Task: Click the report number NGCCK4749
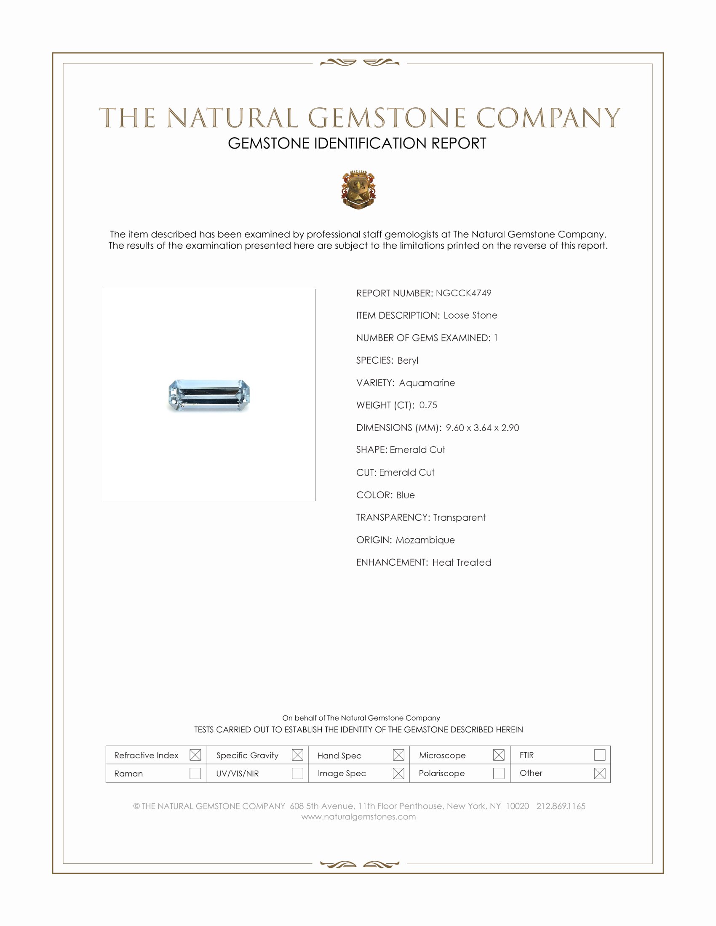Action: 463,293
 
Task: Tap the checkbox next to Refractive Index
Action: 195,755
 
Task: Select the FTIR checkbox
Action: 599,755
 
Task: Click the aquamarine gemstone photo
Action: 209,395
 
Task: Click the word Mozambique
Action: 425,540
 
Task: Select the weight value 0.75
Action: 428,405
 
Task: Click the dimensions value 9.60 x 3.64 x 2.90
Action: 482,427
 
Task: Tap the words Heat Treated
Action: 462,562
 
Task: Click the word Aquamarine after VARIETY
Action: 427,383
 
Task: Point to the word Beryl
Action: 408,360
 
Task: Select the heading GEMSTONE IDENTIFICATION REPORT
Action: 357,143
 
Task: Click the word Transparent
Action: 459,517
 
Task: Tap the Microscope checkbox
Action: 498,755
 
